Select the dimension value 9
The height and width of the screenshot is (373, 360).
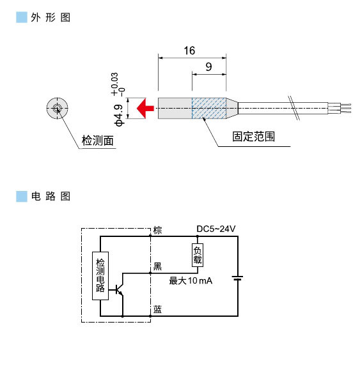(x=209, y=67)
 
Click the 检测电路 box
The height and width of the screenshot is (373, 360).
(x=100, y=275)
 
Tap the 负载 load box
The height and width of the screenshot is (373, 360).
(x=197, y=254)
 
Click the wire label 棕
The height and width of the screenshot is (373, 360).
(x=158, y=230)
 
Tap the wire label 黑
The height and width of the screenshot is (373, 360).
(x=157, y=266)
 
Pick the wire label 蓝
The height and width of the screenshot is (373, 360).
(x=157, y=310)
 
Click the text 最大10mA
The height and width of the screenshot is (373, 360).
(x=190, y=281)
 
